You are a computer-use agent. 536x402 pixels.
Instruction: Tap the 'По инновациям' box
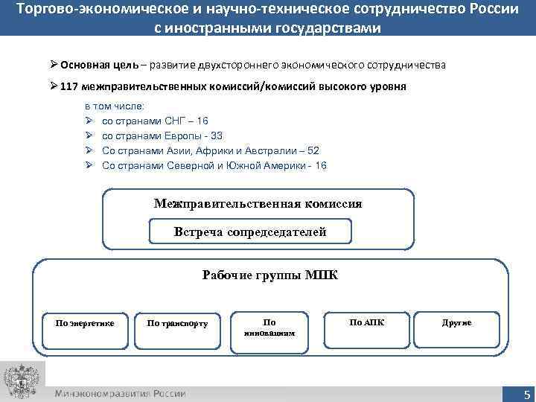[x=269, y=327]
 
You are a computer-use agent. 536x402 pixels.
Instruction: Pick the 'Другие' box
[x=456, y=323]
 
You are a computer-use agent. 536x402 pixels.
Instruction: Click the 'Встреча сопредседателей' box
[x=250, y=232]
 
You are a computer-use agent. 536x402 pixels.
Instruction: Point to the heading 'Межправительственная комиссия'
[x=258, y=203]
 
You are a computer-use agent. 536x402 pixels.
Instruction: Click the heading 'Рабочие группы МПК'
[x=269, y=275]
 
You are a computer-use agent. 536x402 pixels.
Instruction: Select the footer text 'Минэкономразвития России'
[x=120, y=394]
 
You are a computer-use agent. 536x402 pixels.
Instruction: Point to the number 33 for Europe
[x=216, y=135]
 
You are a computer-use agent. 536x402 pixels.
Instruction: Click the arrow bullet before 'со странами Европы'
[x=88, y=135]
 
